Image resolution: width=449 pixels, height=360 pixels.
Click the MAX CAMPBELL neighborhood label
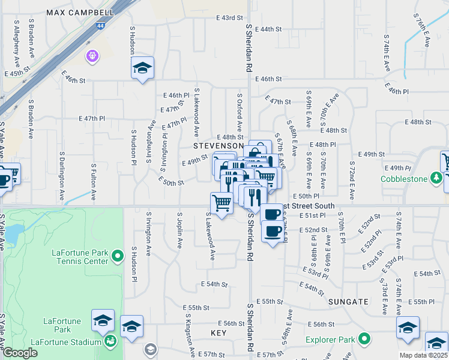click(79, 12)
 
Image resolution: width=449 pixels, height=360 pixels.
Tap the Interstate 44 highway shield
click(97, 26)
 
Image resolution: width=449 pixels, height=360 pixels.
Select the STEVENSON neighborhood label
click(218, 146)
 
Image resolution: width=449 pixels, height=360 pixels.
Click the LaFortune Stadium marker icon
click(110, 342)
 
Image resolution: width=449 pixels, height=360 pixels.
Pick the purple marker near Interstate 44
click(92, 56)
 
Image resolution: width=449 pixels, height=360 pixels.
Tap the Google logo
click(20, 353)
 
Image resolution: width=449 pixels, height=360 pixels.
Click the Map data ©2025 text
click(423, 355)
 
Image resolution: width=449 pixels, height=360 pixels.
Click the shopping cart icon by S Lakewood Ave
click(221, 203)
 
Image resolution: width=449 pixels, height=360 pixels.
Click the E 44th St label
click(268, 29)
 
